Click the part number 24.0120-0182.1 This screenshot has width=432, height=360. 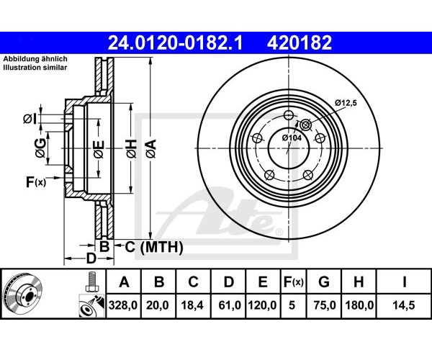tap(175, 42)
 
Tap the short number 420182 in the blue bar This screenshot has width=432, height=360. tap(300, 42)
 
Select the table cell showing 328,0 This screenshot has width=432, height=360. tap(123, 305)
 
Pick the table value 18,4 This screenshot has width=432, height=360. tap(192, 305)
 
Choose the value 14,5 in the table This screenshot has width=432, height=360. tap(404, 305)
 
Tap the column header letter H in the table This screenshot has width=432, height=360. tap(358, 282)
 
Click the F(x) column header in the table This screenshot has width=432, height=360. tap(294, 282)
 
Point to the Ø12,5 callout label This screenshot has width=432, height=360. tap(346, 103)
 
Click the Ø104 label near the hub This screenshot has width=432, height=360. tap(292, 138)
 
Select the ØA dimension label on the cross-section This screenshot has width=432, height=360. tap(151, 148)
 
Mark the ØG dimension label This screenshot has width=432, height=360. tap(40, 148)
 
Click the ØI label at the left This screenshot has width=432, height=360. tap(30, 119)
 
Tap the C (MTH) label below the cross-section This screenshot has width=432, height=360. tap(154, 247)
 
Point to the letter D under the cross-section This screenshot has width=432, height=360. tap(91, 258)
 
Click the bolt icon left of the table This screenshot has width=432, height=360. tap(92, 282)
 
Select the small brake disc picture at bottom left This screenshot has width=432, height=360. tap(23, 294)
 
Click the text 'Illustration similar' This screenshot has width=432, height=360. tap(35, 68)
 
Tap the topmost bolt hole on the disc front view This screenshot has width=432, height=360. tap(289, 115)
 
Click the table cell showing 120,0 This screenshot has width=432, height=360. tap(262, 305)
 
